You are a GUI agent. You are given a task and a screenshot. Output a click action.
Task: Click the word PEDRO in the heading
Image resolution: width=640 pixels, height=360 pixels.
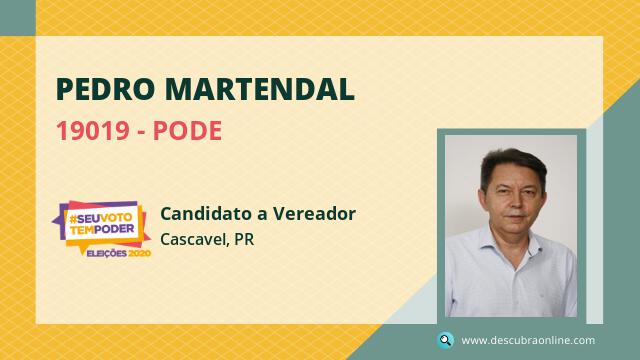coord(105,89)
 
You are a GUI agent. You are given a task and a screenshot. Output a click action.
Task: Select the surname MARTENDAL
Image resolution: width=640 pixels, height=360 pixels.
coord(260,89)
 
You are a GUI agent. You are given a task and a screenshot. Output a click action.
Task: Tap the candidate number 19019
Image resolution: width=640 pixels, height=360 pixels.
coord(93,131)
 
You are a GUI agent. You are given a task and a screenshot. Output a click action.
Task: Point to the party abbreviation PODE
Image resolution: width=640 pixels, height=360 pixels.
coord(187,131)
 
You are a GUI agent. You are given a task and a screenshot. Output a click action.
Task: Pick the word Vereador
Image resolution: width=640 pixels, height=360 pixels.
coord(314,213)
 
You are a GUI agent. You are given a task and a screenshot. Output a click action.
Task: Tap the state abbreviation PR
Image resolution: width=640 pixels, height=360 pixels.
coord(244,239)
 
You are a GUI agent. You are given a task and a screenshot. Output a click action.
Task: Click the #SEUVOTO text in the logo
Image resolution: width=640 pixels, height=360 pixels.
coord(100,218)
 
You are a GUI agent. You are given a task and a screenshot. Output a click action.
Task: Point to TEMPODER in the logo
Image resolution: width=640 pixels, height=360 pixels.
coord(102,229)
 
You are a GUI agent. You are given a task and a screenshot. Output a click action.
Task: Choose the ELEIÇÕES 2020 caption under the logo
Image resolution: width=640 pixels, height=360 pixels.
coord(119,253)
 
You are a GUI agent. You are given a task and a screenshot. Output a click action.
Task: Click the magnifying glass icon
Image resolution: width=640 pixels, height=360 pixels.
coord(445,340)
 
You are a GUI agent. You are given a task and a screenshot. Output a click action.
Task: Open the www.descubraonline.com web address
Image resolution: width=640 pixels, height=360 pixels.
coord(528,340)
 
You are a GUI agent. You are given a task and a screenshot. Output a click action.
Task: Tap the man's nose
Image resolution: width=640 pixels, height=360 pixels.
coord(516,203)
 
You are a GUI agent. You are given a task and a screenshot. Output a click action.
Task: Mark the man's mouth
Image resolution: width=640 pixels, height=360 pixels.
coord(516,217)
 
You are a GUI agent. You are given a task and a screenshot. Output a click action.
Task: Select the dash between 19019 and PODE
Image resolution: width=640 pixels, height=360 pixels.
coord(141,132)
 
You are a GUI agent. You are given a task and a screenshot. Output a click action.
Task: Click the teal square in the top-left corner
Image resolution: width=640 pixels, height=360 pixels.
coord(18,18)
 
